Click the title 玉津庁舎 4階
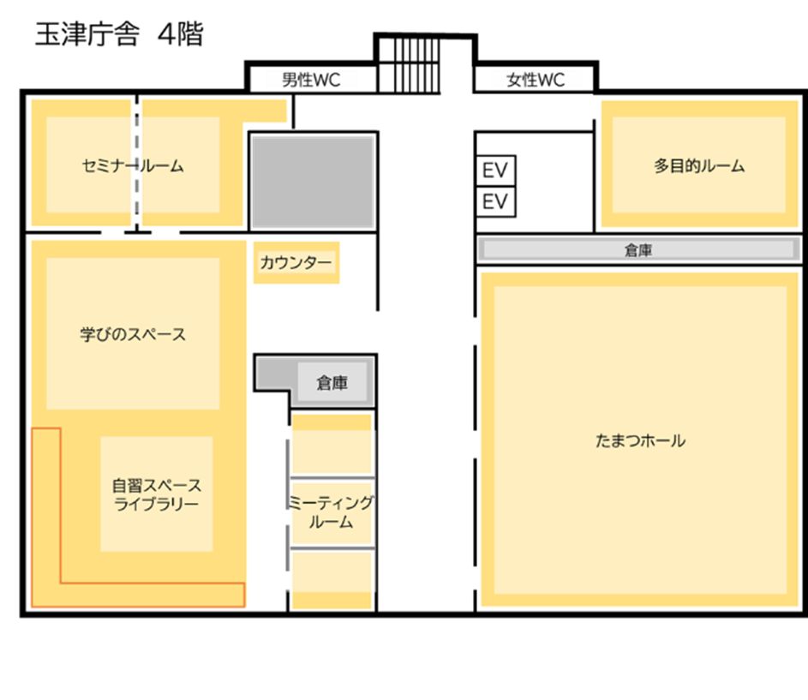click(x=118, y=37)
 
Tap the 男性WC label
click(x=311, y=81)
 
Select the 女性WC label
click(x=536, y=81)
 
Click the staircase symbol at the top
click(x=408, y=64)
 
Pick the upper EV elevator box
click(x=495, y=170)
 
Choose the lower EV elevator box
click(x=495, y=202)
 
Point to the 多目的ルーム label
click(x=699, y=166)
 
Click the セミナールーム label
click(x=133, y=166)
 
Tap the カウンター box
click(x=296, y=263)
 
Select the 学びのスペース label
click(x=133, y=334)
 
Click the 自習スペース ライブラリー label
click(x=156, y=494)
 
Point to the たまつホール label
click(x=640, y=441)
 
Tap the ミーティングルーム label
click(x=331, y=512)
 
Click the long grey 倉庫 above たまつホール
click(x=638, y=250)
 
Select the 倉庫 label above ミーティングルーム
click(x=332, y=383)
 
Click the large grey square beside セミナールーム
click(x=313, y=181)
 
